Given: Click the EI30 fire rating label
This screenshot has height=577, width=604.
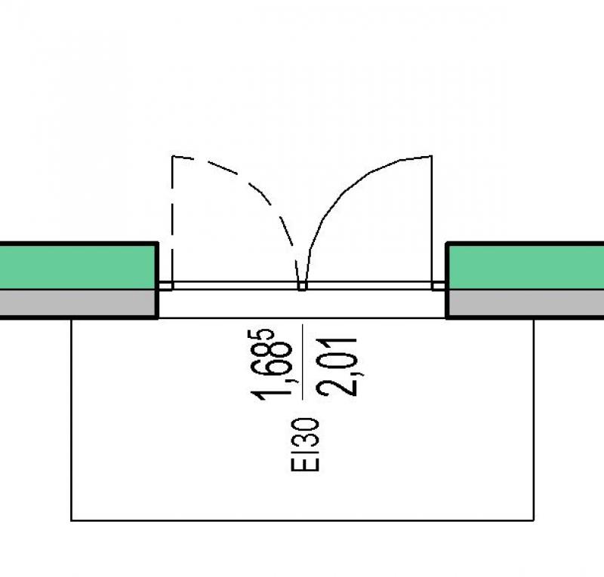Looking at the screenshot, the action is (x=306, y=444).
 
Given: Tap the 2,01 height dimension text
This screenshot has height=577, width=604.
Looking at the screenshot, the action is (x=337, y=367).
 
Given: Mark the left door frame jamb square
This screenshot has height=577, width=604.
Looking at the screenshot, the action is (x=165, y=286).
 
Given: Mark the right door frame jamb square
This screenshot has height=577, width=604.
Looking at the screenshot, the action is (x=439, y=286).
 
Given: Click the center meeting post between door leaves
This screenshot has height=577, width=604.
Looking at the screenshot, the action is (x=303, y=286).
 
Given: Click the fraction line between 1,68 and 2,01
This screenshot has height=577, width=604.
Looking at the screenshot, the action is (x=303, y=362).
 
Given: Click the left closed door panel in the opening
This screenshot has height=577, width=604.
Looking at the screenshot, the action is (x=236, y=286).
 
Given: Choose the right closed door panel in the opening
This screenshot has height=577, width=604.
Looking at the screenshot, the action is (x=369, y=286).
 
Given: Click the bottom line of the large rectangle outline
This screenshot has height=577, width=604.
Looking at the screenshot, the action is (x=303, y=520).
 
